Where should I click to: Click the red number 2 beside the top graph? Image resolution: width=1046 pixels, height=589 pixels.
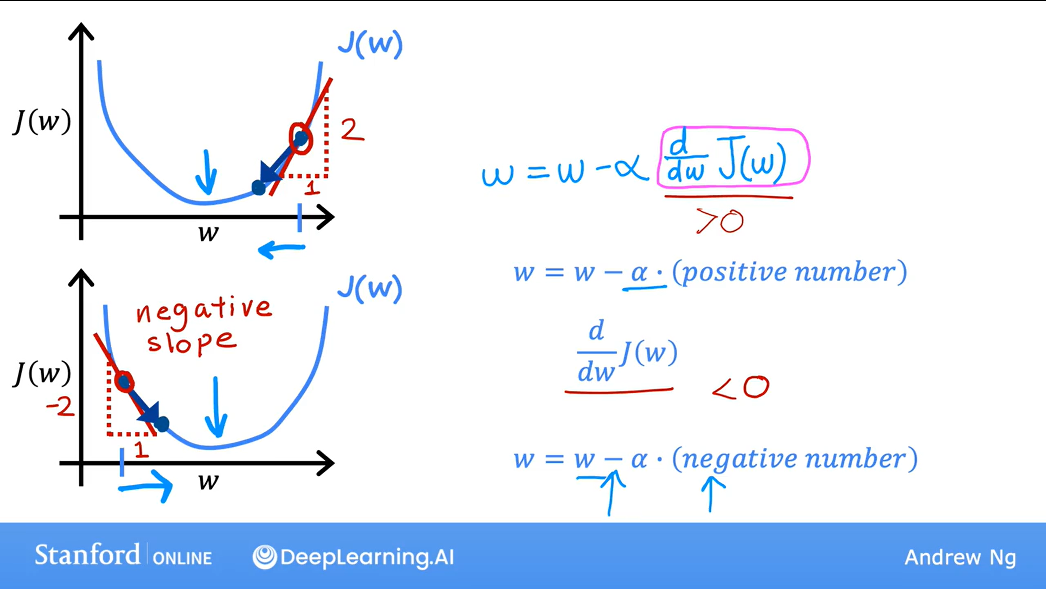tap(352, 130)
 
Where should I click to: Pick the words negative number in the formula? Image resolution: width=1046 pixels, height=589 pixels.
tap(794, 459)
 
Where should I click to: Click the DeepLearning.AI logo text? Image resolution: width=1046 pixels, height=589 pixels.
tap(353, 557)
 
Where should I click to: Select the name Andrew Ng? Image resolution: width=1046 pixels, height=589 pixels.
tap(960, 557)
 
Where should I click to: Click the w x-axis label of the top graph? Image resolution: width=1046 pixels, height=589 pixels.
tap(209, 233)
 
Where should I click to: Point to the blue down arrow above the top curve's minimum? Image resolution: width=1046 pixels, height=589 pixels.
tap(207, 172)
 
